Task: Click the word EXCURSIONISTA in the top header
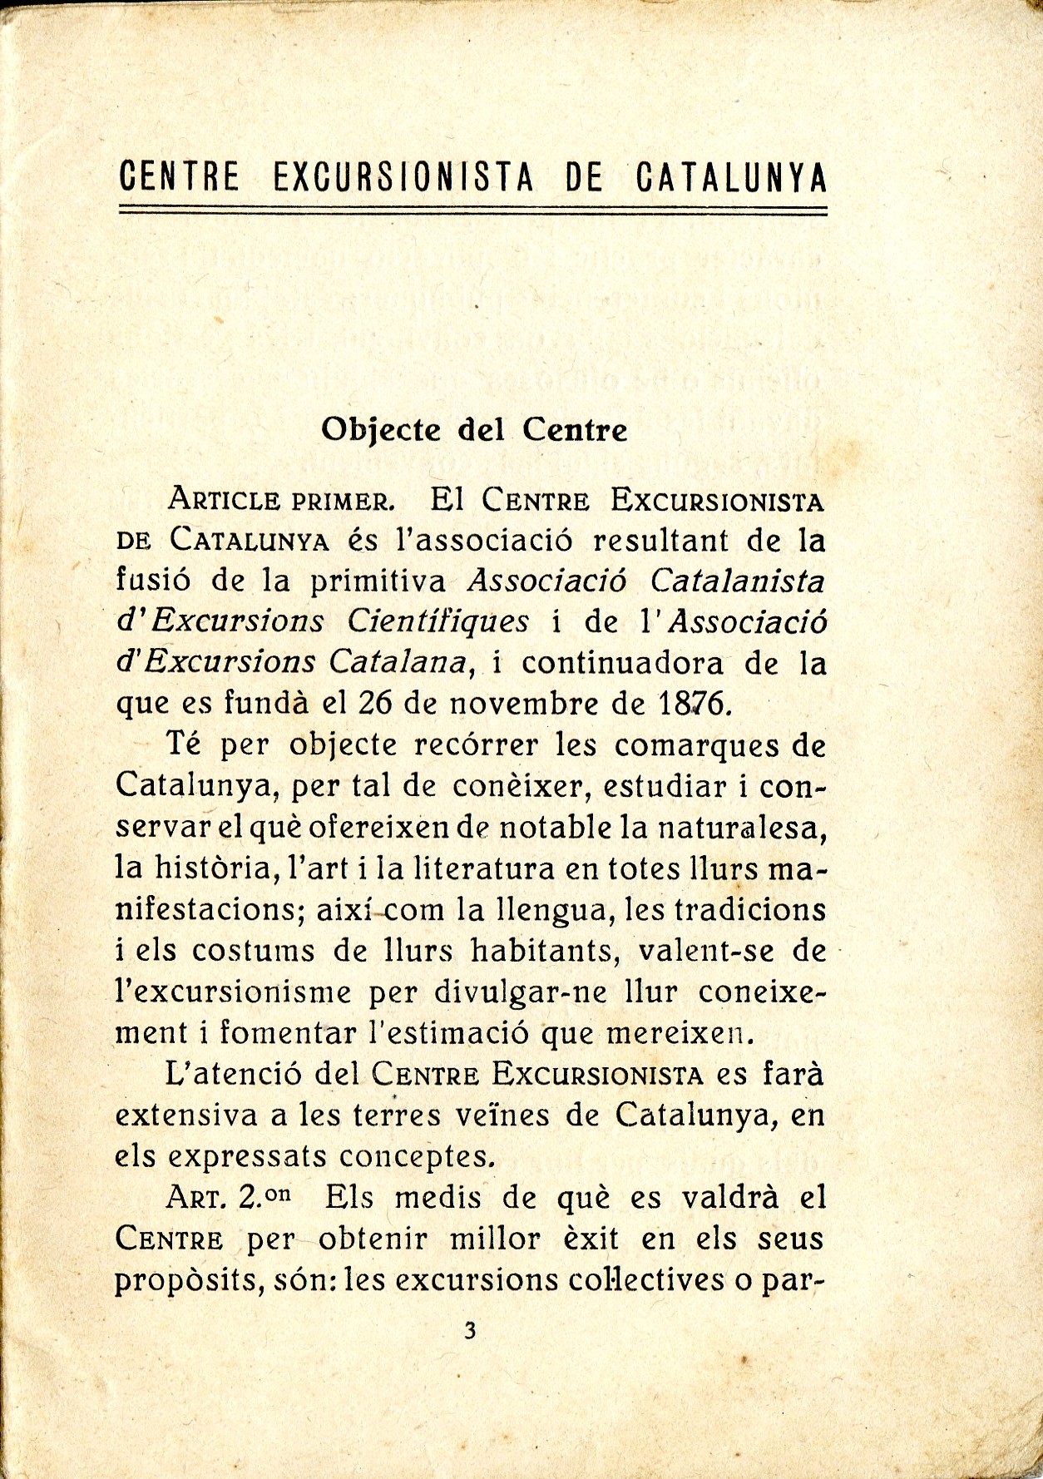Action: pos(403,177)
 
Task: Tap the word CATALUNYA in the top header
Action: pos(731,177)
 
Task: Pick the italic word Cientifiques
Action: pos(437,621)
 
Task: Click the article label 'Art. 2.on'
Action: pos(230,1198)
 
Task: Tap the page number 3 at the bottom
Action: pos(471,1332)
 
